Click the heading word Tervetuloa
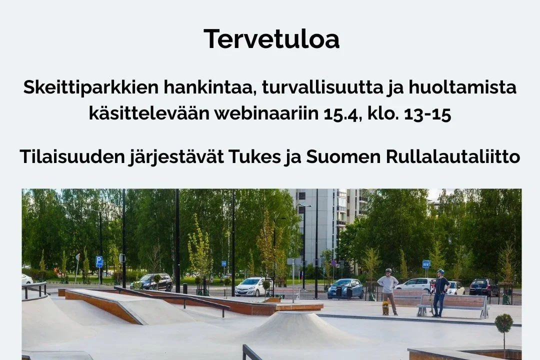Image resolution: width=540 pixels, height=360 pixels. [271, 39]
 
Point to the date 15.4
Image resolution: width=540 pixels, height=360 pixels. [342, 114]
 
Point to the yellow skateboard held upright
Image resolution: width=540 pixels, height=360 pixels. [385, 307]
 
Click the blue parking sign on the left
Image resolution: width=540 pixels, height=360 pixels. [99, 261]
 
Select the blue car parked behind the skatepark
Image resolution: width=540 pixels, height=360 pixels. [345, 288]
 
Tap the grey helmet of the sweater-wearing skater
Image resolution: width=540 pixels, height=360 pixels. [388, 271]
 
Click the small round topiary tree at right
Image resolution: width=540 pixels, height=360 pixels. [503, 323]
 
